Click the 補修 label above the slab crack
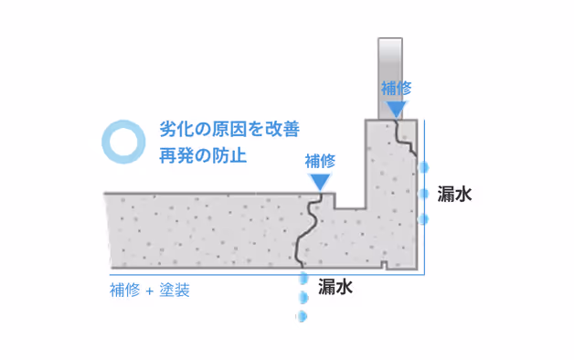(x=320, y=161)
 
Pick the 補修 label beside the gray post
(x=396, y=89)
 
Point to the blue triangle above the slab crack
(x=320, y=182)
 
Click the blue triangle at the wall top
(x=396, y=110)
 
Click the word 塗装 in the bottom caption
(x=173, y=291)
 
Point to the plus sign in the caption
(x=147, y=291)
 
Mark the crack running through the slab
(x=309, y=228)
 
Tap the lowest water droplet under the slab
(x=300, y=316)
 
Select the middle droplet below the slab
(x=301, y=298)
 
